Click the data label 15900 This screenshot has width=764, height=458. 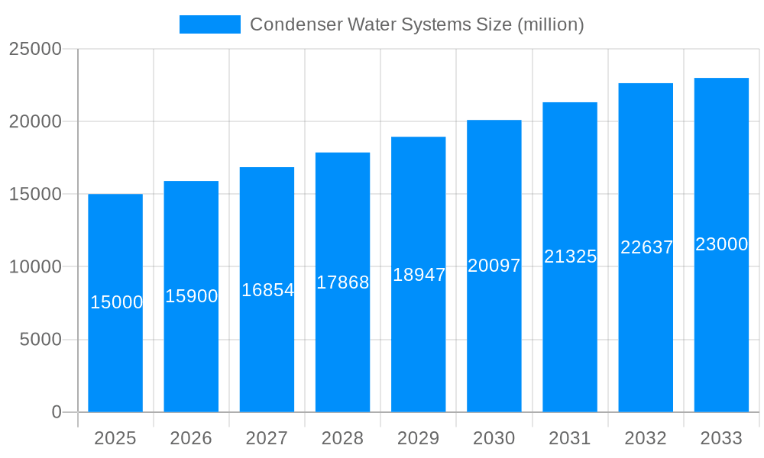(192, 296)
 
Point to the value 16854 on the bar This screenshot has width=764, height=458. (267, 290)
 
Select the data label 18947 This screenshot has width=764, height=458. (419, 275)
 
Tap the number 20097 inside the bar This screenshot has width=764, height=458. (494, 266)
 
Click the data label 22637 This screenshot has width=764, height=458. (646, 247)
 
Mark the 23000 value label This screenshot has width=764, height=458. (721, 244)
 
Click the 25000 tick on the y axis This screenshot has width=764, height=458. (34, 49)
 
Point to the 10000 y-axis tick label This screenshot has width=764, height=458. (34, 267)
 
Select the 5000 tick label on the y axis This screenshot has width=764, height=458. (40, 340)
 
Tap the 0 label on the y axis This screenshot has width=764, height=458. (57, 412)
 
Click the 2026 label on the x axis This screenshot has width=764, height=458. (191, 438)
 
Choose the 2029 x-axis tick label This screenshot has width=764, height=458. (419, 438)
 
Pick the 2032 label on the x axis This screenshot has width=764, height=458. (646, 438)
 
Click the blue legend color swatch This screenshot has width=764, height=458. (209, 24)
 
